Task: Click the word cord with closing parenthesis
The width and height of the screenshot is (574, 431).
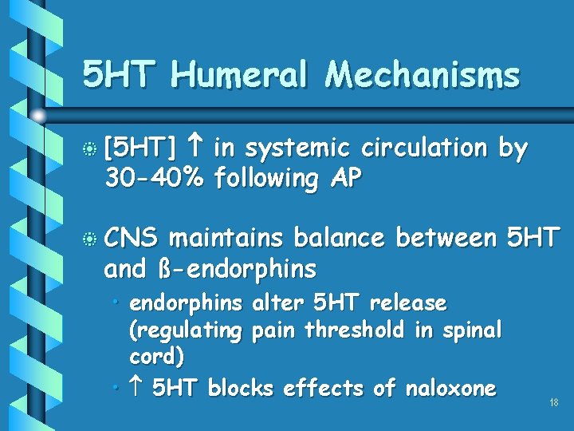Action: [156, 358]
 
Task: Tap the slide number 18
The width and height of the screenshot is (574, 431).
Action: [554, 403]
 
